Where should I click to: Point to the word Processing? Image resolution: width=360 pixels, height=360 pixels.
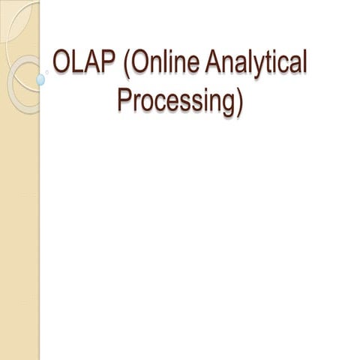[x=175, y=101]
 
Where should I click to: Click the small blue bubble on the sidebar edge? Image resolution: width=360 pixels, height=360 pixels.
[x=41, y=78]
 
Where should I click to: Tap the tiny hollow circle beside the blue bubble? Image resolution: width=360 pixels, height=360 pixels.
[x=49, y=73]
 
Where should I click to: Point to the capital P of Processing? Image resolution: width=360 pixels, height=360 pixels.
[x=125, y=100]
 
